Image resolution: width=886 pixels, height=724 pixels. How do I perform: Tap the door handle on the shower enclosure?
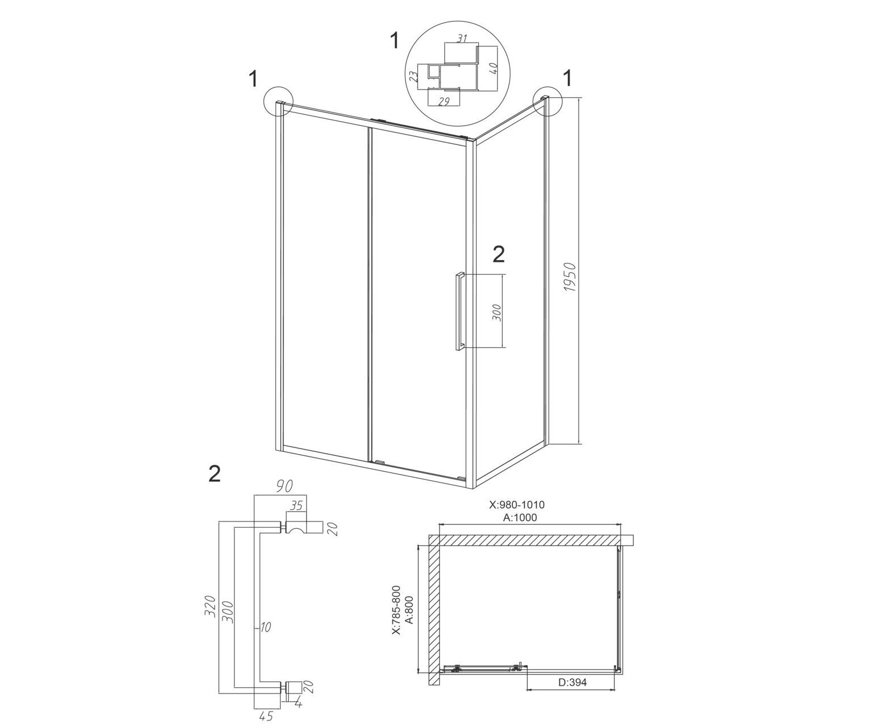coord(459,311)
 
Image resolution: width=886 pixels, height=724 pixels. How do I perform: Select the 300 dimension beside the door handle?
coord(496,313)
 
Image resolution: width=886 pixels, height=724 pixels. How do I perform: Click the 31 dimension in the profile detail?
coord(461,38)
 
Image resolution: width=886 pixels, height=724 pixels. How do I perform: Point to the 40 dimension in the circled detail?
coord(494,68)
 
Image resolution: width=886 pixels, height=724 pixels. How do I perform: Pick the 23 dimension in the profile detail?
coord(413,76)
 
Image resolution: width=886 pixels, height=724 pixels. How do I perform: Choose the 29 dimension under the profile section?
coord(444,101)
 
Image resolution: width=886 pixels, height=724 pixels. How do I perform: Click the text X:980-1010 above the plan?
coord(517,505)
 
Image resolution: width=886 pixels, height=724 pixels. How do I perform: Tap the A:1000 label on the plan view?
coord(520,518)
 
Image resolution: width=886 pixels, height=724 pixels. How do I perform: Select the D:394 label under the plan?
coord(572,683)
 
